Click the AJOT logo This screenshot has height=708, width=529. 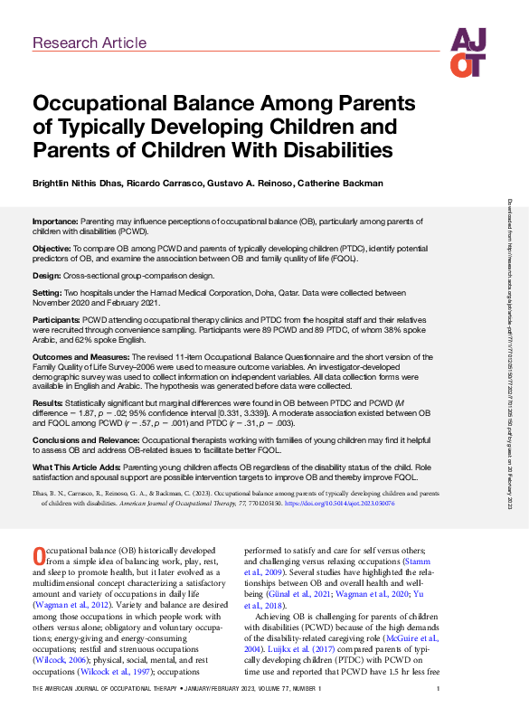point(468,52)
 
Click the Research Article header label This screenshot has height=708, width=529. point(89,42)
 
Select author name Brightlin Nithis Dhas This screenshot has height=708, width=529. point(78,184)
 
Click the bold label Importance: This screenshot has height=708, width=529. point(55,221)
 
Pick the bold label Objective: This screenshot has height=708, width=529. point(52,247)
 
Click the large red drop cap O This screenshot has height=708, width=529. point(38,530)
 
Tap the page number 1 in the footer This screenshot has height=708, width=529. point(438,689)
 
